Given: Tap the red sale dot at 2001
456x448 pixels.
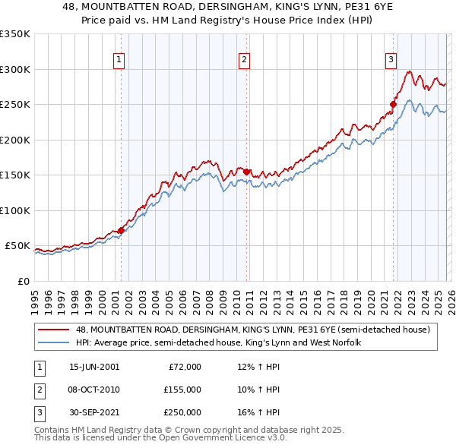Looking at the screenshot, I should point(121,230).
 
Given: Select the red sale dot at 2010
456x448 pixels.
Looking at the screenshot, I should point(246,172).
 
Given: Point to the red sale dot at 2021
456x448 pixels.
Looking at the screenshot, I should point(394,104).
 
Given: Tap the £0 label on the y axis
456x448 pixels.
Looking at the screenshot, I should point(23,281).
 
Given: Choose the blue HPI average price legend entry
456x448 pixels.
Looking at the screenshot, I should point(217,343).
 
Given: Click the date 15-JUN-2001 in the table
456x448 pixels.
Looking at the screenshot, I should point(94,367).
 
